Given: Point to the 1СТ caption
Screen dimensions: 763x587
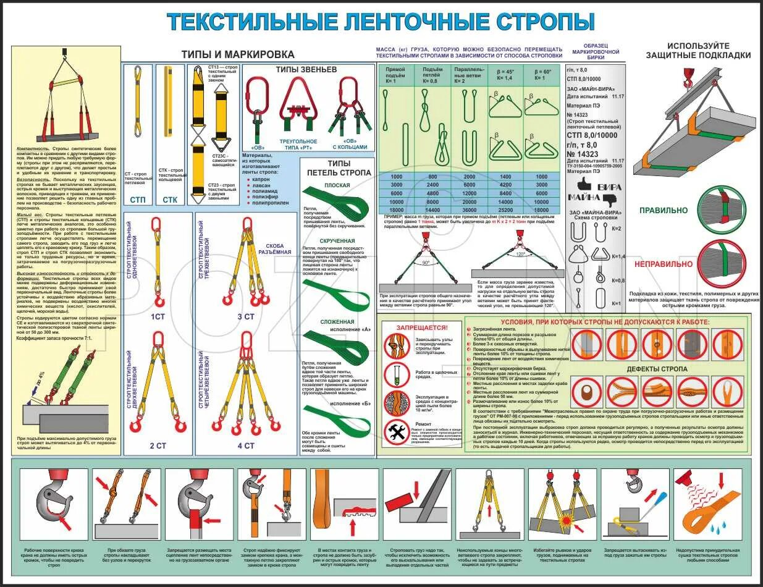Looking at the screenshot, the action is tap(158, 316).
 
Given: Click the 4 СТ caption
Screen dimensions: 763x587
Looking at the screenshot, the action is tap(246, 445).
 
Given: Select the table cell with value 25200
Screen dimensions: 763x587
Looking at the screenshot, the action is tap(505, 210).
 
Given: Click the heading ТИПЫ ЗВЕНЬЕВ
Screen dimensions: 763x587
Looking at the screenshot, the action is tap(306, 70).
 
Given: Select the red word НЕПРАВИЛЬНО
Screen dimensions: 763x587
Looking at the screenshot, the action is tap(657, 264).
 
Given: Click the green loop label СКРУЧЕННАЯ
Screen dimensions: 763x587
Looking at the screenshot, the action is tap(337, 240).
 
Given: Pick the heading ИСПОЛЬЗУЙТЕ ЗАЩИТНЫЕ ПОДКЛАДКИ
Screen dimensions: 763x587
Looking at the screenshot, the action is tap(698, 50).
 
